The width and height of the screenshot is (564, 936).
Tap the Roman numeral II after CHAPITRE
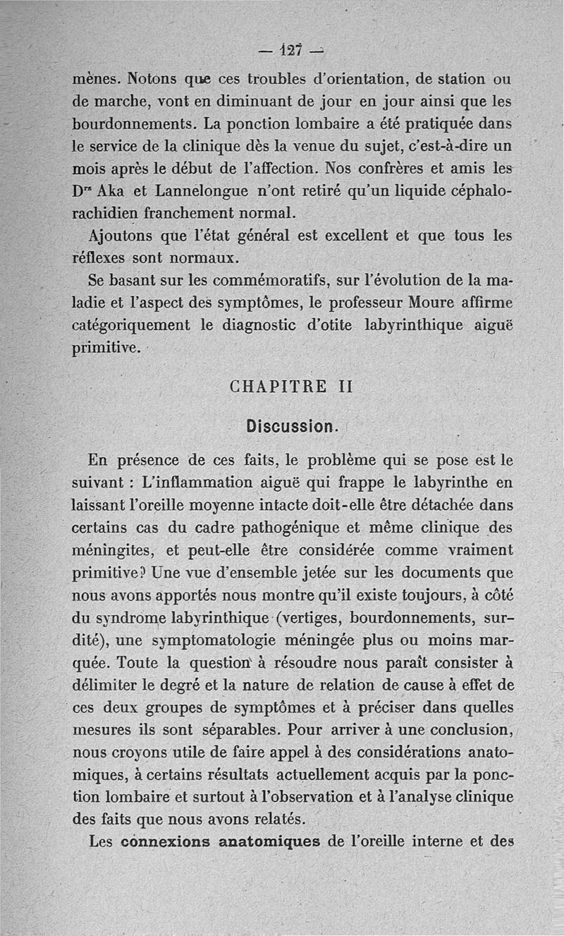point(341,387)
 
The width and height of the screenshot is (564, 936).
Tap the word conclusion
point(467,728)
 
